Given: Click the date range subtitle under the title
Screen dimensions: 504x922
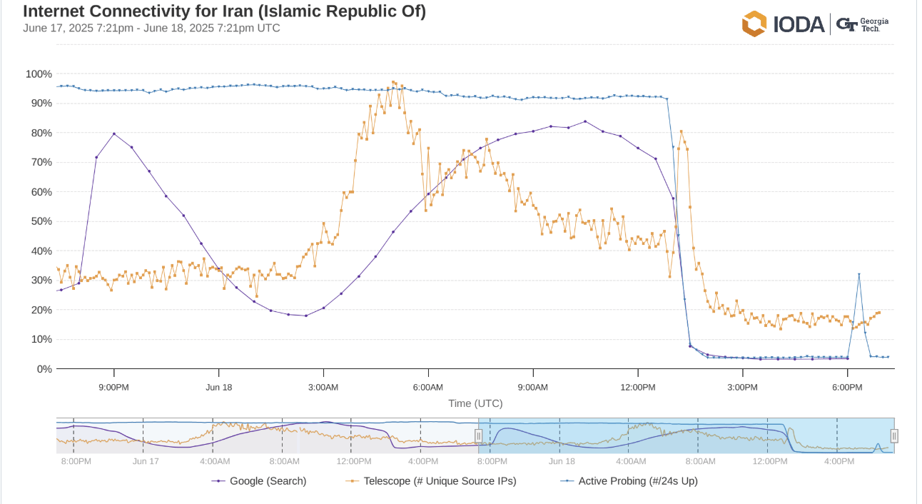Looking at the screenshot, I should point(151,29).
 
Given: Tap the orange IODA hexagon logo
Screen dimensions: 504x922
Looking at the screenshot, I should point(754,24).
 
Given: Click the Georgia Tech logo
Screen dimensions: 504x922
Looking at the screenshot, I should point(863,24).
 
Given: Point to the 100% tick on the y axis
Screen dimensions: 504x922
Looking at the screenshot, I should point(39,74).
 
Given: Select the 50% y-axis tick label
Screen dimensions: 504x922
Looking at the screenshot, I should point(41,221).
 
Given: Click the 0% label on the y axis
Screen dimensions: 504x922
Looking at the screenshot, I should point(44,369).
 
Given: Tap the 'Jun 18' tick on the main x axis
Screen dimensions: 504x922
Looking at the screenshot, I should point(218,387).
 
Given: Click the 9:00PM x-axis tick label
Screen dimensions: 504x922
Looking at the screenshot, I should point(113,387).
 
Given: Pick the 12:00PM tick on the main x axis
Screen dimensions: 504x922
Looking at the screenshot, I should point(637,387).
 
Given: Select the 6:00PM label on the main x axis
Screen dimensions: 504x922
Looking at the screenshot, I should point(847,387).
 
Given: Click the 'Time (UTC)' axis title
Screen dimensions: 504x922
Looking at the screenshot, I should point(475,403).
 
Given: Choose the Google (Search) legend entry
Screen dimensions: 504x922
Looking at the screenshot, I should point(260,481).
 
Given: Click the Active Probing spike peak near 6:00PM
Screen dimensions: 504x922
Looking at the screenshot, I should point(858,274).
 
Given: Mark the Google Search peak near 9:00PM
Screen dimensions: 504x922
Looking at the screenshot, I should point(114,133).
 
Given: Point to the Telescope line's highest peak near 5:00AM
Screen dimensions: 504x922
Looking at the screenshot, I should point(393,82).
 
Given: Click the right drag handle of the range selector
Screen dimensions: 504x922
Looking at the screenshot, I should point(893,435).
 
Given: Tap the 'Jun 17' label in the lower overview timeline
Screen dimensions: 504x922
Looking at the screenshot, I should point(146,462).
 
